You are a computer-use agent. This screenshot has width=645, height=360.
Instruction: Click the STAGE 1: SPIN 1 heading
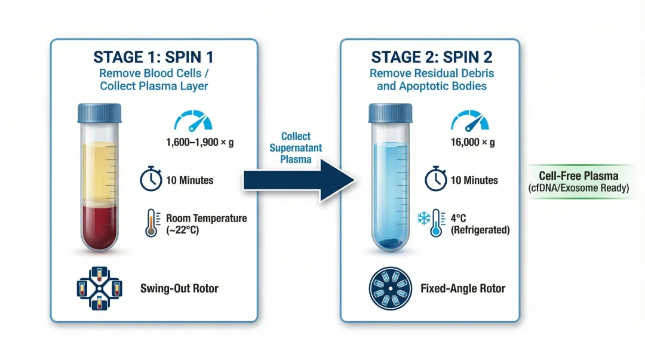pyautogui.click(x=153, y=57)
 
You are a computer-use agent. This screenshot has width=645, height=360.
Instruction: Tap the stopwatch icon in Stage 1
pyautogui.click(x=150, y=179)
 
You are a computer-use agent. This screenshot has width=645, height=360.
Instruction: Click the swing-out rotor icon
pyautogui.click(x=100, y=288)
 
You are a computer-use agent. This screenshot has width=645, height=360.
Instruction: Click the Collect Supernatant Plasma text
pyautogui.click(x=296, y=147)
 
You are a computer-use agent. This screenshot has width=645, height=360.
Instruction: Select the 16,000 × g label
pyautogui.click(x=474, y=143)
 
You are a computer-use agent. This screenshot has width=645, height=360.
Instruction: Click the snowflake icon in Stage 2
pyautogui.click(x=424, y=217)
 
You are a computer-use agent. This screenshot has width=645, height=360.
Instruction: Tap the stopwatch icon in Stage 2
pyautogui.click(x=435, y=179)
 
